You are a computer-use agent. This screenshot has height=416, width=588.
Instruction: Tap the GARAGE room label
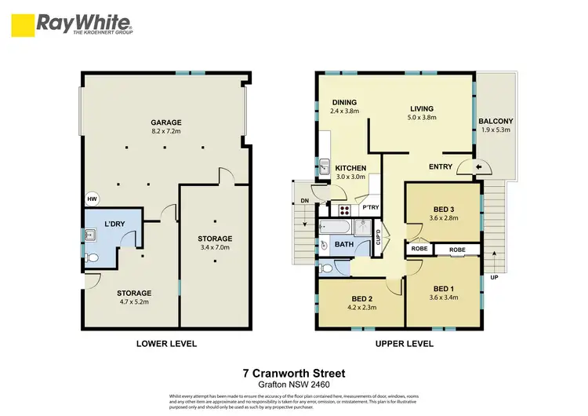(165, 122)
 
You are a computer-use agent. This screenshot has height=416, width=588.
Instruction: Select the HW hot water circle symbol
(91, 199)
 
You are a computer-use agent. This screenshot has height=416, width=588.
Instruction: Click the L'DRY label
(114, 224)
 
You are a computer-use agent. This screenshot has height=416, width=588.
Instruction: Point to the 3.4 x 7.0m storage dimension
(214, 250)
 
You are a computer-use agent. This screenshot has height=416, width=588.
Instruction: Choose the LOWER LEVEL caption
(166, 344)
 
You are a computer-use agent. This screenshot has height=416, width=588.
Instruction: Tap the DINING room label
(344, 102)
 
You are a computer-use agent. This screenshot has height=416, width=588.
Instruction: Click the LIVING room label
(422, 109)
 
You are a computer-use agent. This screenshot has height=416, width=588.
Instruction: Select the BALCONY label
(495, 121)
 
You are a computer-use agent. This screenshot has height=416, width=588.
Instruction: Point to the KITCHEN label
(350, 169)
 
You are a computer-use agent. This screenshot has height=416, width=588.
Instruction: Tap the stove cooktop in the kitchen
(343, 210)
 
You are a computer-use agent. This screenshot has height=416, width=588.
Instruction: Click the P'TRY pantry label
(370, 207)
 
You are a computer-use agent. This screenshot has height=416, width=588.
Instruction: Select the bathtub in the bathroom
(335, 228)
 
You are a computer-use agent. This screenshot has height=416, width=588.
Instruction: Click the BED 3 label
(444, 209)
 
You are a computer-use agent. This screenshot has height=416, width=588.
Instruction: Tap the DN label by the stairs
(305, 201)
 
